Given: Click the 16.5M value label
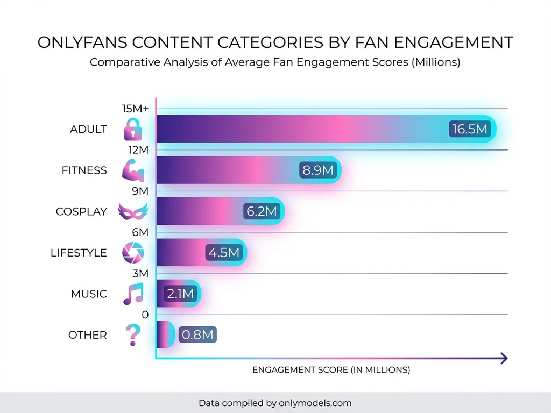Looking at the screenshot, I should pos(469,129).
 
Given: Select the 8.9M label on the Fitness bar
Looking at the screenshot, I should pos(318,170).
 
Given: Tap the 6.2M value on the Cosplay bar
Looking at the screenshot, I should pos(262,212).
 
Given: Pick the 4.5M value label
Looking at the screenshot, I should pos(224,253).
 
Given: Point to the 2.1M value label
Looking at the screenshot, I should pos(180,294).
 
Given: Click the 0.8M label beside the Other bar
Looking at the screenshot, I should pos(197,335).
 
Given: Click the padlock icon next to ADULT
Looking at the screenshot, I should pos(132,130).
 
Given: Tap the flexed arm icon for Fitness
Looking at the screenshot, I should pos(133,170).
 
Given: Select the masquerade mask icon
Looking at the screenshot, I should pos(132,212).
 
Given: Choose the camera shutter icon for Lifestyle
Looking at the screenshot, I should pos(132,253).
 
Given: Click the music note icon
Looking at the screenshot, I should pos(133,294).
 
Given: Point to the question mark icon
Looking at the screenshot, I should pos(131,335).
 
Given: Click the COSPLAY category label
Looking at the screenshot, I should pos(81,212).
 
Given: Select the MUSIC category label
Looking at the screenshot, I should pos(89,294).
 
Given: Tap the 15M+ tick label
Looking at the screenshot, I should pos(136,109).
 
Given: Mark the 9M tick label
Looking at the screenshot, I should pos(140,191).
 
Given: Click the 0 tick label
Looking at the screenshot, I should pos(145,315).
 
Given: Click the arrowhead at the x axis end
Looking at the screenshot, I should pos(504,358).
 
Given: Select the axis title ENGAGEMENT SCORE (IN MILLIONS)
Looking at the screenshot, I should pos(331,370).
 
